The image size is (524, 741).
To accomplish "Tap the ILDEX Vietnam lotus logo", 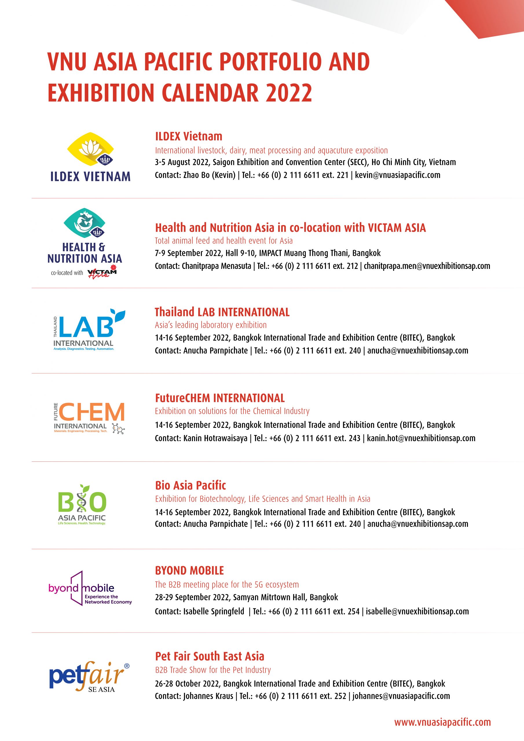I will point(90,148).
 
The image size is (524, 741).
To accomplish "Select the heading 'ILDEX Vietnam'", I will point(188,136).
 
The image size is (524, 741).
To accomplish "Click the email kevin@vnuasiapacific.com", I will point(397,175).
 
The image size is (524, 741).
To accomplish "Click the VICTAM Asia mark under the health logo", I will point(102,272).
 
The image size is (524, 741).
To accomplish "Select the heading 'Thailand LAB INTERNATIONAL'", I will point(222,312).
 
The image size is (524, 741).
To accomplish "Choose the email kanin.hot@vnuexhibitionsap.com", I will point(421,438).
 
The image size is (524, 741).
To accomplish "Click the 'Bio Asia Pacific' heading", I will point(190,485).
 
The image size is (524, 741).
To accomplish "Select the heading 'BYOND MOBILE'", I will point(190,571).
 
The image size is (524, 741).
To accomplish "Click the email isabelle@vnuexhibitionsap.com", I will point(417,611).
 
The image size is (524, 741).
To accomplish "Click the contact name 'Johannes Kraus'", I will point(208,696).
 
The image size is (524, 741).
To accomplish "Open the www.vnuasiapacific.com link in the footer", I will point(442,722).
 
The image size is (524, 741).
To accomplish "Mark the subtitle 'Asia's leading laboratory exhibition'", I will point(211,325).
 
